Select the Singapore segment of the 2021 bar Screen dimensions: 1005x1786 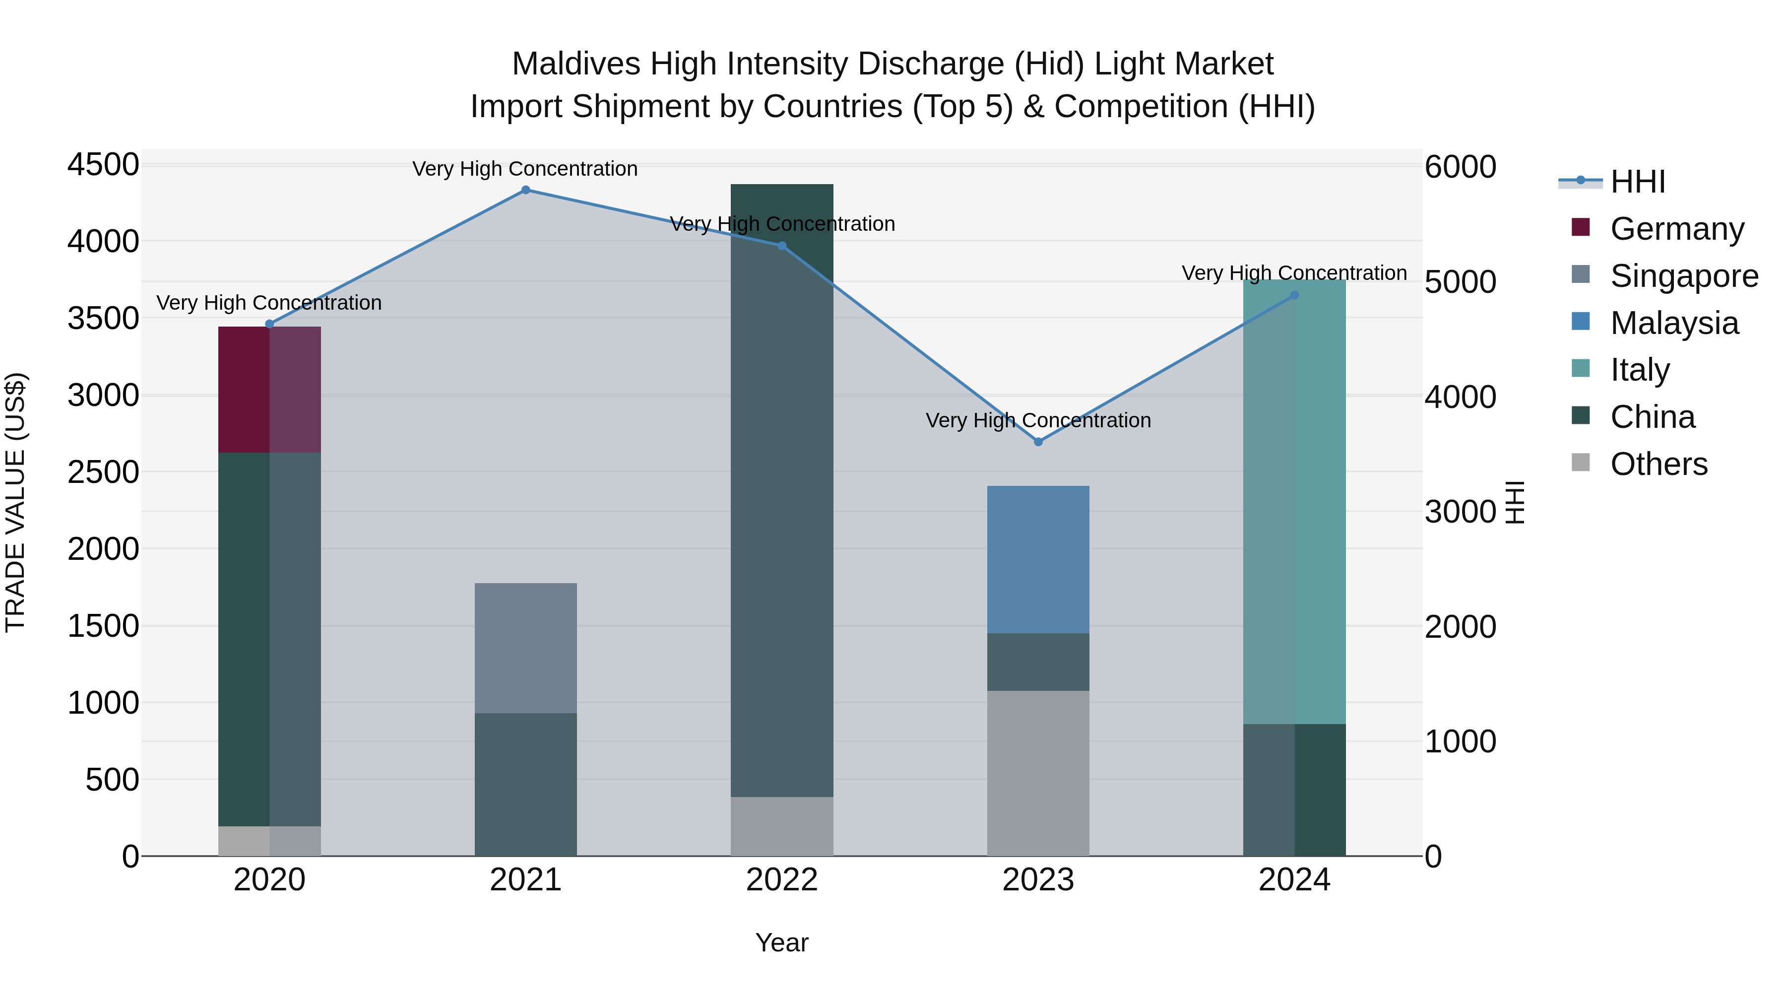(525, 648)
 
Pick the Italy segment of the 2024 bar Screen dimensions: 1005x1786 (1294, 502)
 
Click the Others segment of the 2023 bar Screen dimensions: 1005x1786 (1038, 773)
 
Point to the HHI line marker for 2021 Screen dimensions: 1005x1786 (525, 190)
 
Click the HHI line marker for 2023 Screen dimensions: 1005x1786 (1038, 442)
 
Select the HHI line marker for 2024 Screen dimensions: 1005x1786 (1294, 295)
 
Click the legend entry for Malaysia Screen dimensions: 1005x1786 (1674, 323)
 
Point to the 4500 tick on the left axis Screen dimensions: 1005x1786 (103, 165)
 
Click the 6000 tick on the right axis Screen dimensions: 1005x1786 (1460, 167)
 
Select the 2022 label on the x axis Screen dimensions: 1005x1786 (781, 880)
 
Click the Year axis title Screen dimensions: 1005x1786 (781, 942)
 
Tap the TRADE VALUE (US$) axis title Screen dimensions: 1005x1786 (15, 502)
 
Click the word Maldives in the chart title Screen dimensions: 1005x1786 (575, 64)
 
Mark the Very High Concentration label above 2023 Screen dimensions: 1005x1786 (1038, 420)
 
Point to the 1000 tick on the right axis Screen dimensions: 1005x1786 (1460, 741)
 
